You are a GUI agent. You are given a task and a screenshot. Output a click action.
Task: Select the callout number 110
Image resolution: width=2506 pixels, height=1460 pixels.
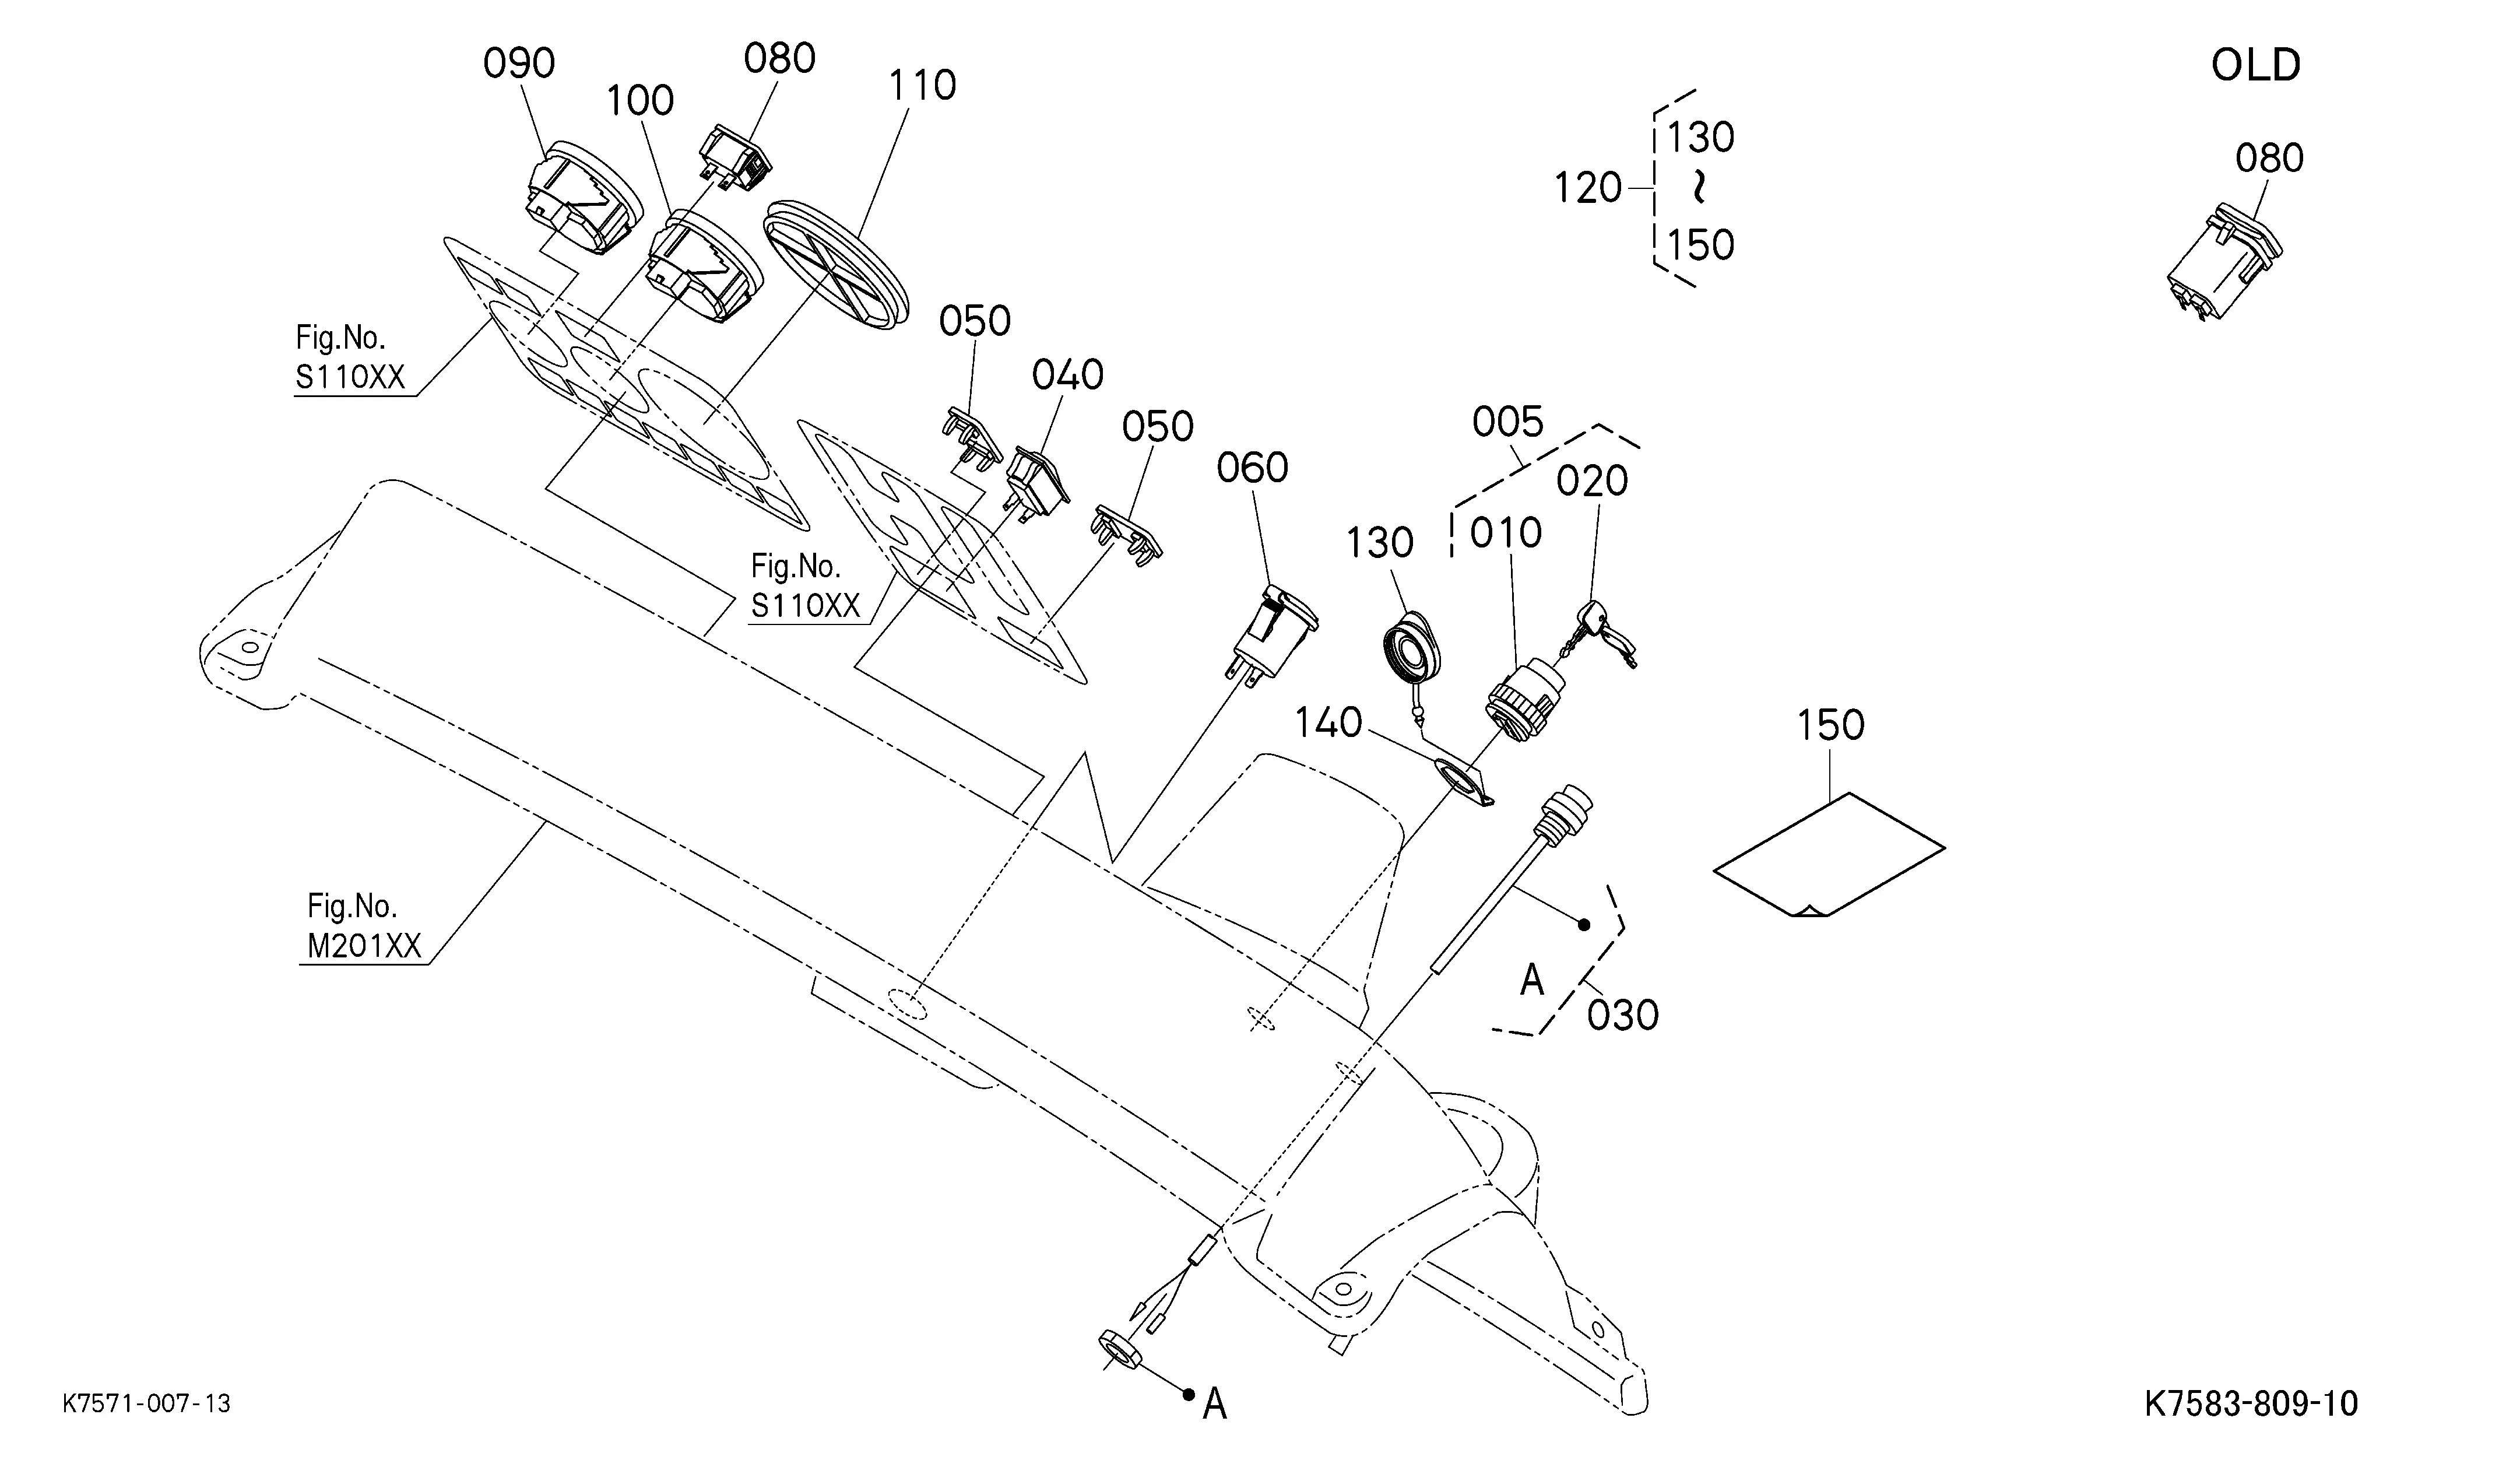coord(922,86)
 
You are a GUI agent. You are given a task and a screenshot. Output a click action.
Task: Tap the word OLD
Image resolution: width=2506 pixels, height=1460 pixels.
coord(2255,66)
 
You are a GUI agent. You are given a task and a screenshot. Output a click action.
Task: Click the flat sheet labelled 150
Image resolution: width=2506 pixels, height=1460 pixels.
coord(1828,854)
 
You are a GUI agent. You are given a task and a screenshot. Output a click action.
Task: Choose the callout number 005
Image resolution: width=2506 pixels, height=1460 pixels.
coord(1507,423)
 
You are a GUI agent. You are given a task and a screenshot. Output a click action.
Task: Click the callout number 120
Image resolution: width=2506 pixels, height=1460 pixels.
coord(1588,188)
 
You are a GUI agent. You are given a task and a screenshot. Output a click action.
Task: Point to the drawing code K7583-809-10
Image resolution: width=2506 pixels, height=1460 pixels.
coord(2251,1403)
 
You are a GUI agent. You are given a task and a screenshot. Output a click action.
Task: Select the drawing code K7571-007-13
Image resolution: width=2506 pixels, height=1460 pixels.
coord(146,1403)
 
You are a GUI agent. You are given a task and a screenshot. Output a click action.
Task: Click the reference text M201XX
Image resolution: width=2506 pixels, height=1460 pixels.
coord(364,946)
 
